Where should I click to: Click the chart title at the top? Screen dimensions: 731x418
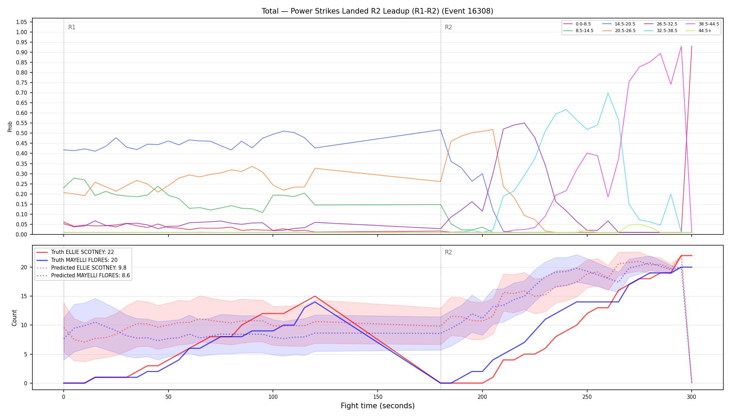(x=377, y=11)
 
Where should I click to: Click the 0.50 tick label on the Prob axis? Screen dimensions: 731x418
(x=22, y=133)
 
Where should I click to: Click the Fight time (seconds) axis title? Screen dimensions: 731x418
(x=378, y=406)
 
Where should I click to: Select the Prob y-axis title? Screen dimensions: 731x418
(x=10, y=126)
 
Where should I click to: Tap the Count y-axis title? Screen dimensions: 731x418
(x=14, y=318)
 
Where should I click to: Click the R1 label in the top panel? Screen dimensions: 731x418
(x=72, y=27)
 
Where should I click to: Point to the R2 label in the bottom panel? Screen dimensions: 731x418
(x=448, y=252)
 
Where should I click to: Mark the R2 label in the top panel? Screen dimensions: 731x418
(x=448, y=27)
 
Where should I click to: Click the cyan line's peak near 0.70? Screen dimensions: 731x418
(x=608, y=93)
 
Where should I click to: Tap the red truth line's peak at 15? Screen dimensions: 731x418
(x=315, y=296)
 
